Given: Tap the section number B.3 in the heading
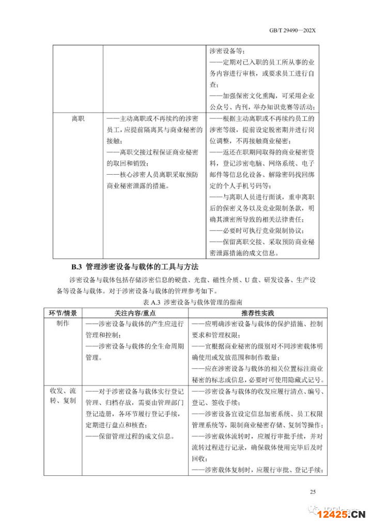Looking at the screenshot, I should (76, 267).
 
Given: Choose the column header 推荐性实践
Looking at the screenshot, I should (257, 313).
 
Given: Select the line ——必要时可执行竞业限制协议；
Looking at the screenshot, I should (263, 230).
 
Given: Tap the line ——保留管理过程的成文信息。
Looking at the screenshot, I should (130, 436).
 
